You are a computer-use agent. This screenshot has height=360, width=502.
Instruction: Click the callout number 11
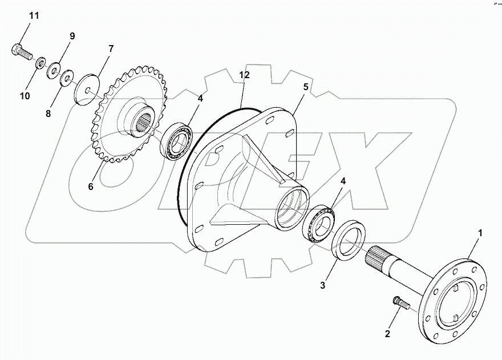[x=34, y=15]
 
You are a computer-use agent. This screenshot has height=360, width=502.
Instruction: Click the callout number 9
[x=72, y=36]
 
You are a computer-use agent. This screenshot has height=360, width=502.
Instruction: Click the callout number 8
[x=49, y=114]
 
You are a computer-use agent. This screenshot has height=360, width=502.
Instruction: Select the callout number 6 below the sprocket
[x=91, y=186]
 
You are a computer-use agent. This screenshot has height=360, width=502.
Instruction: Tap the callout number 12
[x=244, y=74]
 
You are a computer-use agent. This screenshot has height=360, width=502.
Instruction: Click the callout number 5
[x=306, y=87]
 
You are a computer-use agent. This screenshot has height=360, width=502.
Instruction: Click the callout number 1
[x=480, y=233]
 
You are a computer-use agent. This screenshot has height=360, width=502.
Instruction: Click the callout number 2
[x=388, y=333]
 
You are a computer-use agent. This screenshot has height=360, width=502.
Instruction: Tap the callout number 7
[x=111, y=48]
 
